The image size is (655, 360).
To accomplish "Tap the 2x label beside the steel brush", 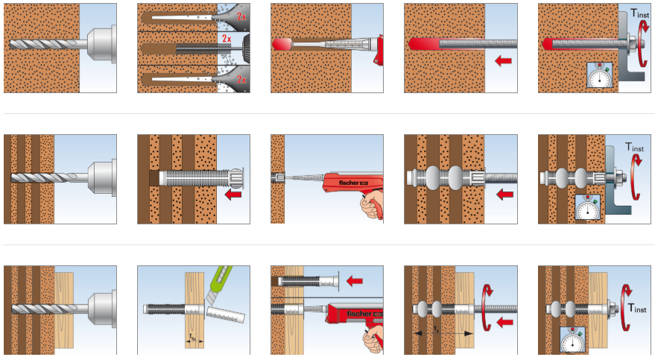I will pos(224,39).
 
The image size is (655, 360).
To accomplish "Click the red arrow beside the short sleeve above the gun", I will pos(355,281).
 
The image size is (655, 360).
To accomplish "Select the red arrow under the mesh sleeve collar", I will pos(232,195).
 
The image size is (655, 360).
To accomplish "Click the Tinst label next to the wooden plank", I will pos(638,307).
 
